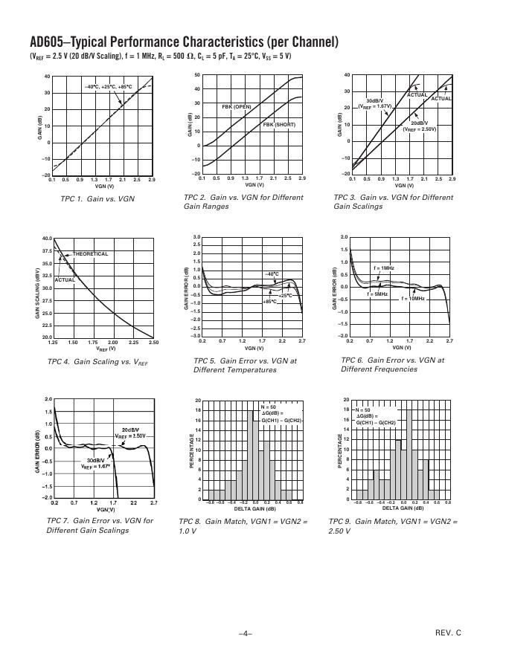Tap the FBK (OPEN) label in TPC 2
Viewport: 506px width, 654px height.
pyautogui.click(x=237, y=107)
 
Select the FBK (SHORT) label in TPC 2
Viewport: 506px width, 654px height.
pyautogui.click(x=279, y=125)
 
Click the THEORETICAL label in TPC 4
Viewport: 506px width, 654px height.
pyautogui.click(x=90, y=254)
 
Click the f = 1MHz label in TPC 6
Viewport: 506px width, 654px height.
pyautogui.click(x=384, y=268)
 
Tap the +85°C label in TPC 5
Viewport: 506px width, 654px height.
pyautogui.click(x=269, y=302)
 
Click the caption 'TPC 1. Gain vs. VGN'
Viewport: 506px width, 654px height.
pyautogui.click(x=97, y=198)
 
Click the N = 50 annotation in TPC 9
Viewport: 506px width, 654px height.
pyautogui.click(x=362, y=409)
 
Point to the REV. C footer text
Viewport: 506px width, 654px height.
pyautogui.click(x=448, y=632)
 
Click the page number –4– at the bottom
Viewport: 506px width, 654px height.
pyautogui.click(x=246, y=633)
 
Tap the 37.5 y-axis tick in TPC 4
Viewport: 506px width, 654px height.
pyautogui.click(x=46, y=251)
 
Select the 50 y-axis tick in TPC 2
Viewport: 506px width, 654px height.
pyautogui.click(x=197, y=75)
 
